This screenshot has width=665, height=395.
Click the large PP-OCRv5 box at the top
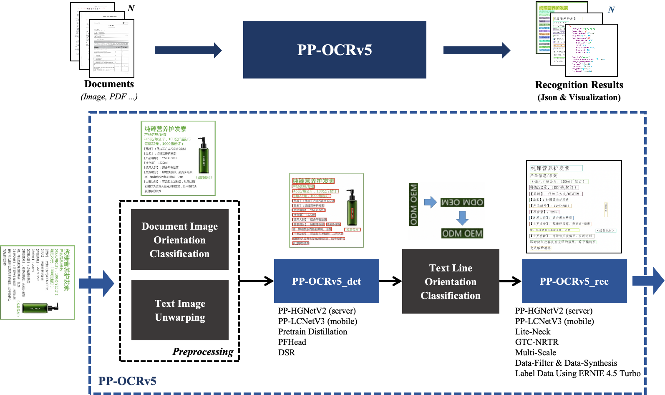tap(335, 50)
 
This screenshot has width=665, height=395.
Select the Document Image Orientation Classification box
tap(179, 240)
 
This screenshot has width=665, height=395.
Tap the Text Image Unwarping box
tap(180, 310)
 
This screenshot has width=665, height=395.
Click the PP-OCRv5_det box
tap(326, 281)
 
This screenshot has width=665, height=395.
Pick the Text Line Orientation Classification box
tap(451, 281)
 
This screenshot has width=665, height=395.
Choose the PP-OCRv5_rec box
tap(574, 281)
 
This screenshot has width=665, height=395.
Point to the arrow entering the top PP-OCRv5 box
tap(188, 50)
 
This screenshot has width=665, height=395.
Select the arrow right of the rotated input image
tap(97, 284)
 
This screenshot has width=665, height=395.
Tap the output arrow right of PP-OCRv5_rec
tap(648, 281)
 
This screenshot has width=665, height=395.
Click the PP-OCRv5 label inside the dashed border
tap(127, 381)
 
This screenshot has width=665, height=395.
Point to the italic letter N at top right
tap(611, 10)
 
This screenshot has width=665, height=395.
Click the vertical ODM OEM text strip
tap(413, 205)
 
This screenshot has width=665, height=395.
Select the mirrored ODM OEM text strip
tap(462, 203)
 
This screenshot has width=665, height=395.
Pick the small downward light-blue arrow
tap(462, 218)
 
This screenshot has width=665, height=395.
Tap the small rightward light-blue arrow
tap(430, 203)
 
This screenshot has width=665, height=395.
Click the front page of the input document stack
tap(111, 48)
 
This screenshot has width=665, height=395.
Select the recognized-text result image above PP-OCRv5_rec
tap(574, 207)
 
